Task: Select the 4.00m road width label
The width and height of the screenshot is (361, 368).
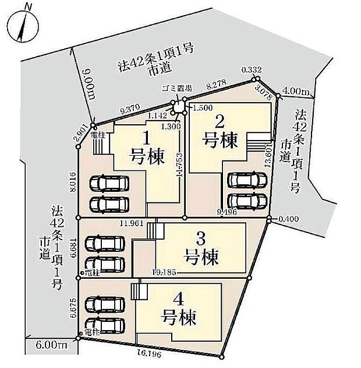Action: tap(295, 92)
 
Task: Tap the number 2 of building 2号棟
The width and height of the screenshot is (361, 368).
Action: tap(220, 122)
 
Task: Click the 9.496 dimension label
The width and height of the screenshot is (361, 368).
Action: tap(226, 211)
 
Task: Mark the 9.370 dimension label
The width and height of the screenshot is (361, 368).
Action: tap(129, 108)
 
